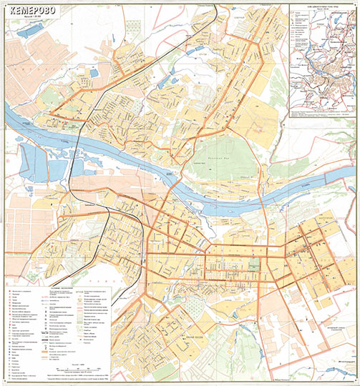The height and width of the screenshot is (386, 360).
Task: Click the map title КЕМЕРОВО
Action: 33,9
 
